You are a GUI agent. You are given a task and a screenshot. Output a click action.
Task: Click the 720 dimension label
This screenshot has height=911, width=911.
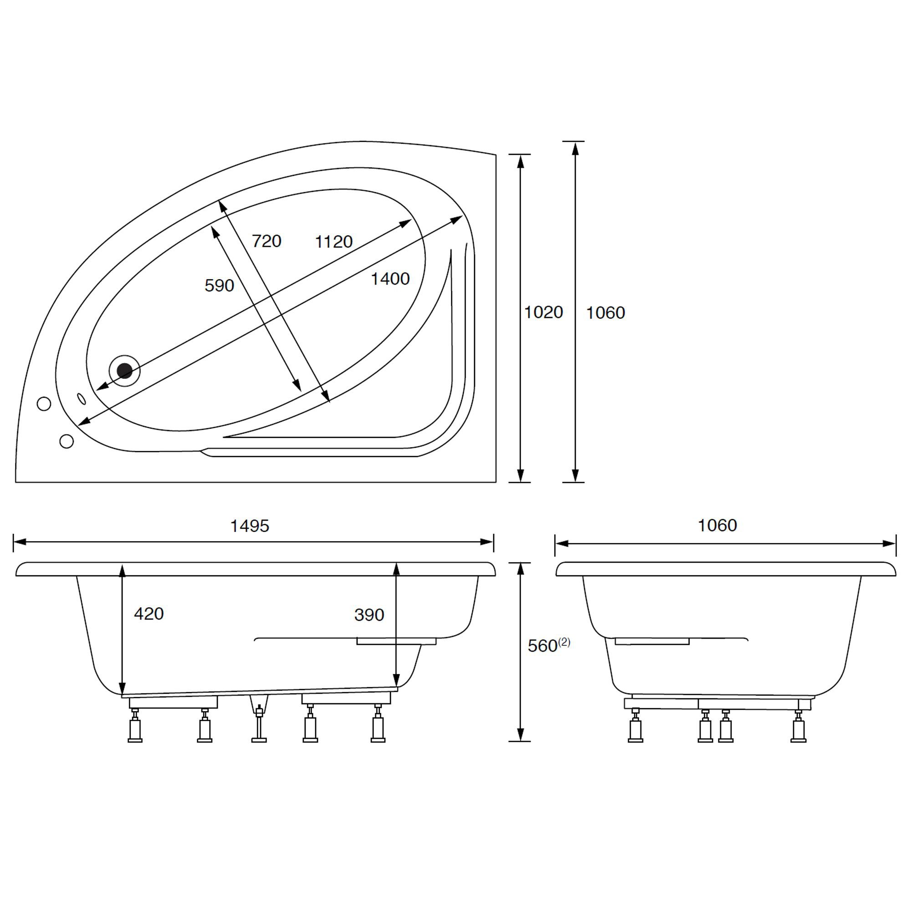pyautogui.click(x=266, y=241)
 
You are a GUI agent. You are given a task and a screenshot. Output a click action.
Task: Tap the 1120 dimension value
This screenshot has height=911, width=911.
pyautogui.click(x=334, y=241)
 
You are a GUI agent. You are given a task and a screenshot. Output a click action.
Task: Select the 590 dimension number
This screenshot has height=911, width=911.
pyautogui.click(x=219, y=285)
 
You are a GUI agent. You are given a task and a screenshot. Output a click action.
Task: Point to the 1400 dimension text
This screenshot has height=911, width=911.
pyautogui.click(x=390, y=279)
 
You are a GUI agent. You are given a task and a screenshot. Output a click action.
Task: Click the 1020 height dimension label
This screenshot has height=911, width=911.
pyautogui.click(x=544, y=312)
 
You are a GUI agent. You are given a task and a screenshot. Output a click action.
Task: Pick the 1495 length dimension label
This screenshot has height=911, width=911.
pyautogui.click(x=250, y=526)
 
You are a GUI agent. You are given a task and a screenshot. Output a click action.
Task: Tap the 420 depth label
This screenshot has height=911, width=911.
pyautogui.click(x=149, y=614)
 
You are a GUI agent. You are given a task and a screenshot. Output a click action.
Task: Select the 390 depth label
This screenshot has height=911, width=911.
pyautogui.click(x=369, y=615)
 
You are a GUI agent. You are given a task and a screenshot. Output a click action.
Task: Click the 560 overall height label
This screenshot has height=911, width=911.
pyautogui.click(x=543, y=646)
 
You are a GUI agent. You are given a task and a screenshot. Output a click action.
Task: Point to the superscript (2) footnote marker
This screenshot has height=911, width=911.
pyautogui.click(x=564, y=642)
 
